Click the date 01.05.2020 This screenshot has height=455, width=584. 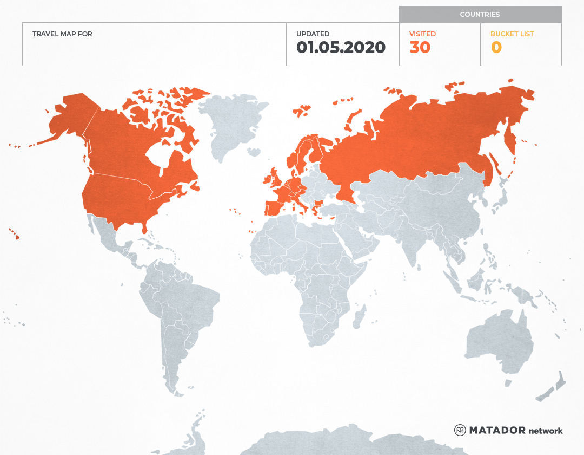pyautogui.click(x=341, y=48)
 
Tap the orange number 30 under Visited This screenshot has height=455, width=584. pyautogui.click(x=420, y=48)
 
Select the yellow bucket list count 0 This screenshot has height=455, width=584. pyautogui.click(x=496, y=48)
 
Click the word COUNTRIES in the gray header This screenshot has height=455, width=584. pyautogui.click(x=480, y=15)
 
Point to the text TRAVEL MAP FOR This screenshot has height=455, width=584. pyautogui.click(x=62, y=34)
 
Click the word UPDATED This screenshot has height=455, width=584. pyautogui.click(x=313, y=34)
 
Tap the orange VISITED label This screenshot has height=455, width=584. pyautogui.click(x=422, y=34)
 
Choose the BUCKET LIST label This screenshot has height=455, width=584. pyautogui.click(x=512, y=34)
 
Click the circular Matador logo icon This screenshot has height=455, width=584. pyautogui.click(x=460, y=430)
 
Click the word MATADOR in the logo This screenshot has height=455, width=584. pyautogui.click(x=497, y=431)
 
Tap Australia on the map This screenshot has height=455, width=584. pyautogui.click(x=497, y=339)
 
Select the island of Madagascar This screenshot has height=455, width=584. pyautogui.click(x=359, y=317)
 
